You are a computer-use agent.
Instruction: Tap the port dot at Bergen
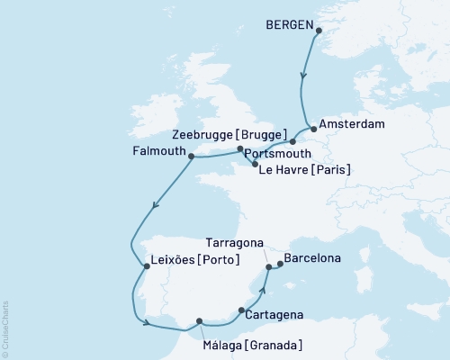click(x=318, y=31)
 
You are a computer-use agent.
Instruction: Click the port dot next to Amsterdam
click(x=313, y=128)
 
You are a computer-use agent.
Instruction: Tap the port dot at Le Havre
click(x=256, y=165)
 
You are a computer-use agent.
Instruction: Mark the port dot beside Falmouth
click(x=191, y=156)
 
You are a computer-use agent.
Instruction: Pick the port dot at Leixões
click(x=147, y=266)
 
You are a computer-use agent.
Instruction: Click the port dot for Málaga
click(x=200, y=320)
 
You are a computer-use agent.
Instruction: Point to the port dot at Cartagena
click(x=241, y=310)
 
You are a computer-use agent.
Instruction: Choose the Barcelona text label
click(x=312, y=259)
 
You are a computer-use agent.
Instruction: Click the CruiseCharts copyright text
click(x=5, y=329)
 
